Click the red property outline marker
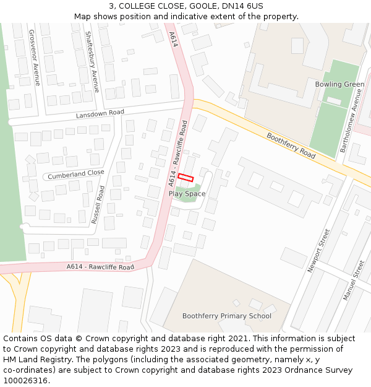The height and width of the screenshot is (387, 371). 185,177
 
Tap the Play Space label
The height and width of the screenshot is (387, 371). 187,194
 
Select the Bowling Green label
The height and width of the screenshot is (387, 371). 339,84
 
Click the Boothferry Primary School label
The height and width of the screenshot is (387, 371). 226,316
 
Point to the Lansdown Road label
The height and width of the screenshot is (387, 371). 100,114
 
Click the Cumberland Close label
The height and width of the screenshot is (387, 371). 76,175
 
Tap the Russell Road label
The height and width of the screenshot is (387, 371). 98,204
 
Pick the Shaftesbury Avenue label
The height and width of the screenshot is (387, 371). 92,62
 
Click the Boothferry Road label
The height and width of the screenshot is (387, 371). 291,146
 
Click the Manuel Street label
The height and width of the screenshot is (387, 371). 354,280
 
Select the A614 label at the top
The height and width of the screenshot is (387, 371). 174,40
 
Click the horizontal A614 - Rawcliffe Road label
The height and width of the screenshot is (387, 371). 100,267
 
